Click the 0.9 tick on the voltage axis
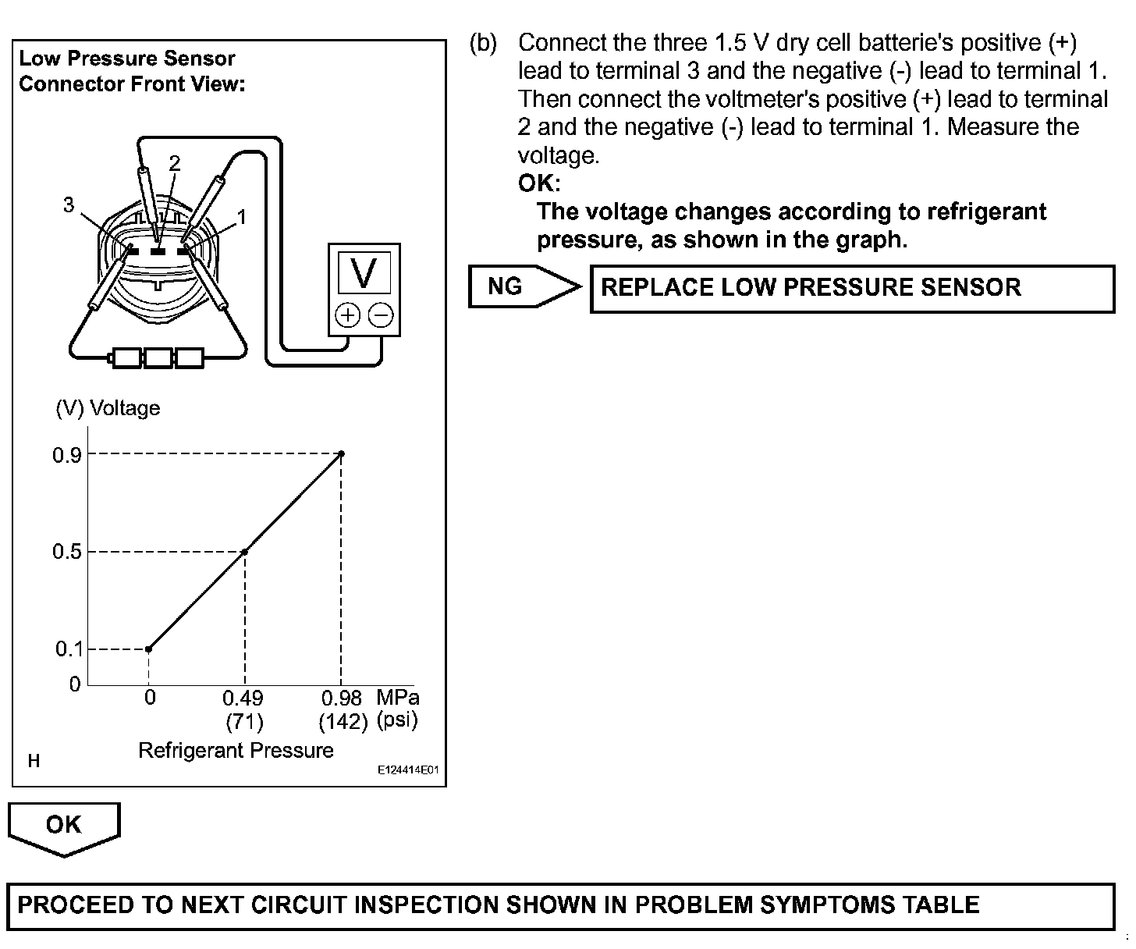pyautogui.click(x=67, y=455)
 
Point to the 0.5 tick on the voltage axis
pyautogui.click(x=67, y=553)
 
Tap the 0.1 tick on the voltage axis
pyautogui.click(x=69, y=649)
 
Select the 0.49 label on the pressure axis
pyautogui.click(x=243, y=698)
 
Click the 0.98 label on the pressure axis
pyautogui.click(x=342, y=698)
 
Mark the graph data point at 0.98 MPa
pyautogui.click(x=341, y=453)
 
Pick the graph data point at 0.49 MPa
pyautogui.click(x=244, y=552)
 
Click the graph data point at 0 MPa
pyautogui.click(x=148, y=649)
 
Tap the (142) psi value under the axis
pyautogui.click(x=343, y=722)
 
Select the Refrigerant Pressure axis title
pyautogui.click(x=236, y=750)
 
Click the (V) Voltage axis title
pyautogui.click(x=108, y=408)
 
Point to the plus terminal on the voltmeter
pyautogui.click(x=347, y=315)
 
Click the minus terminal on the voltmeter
pyautogui.click(x=381, y=315)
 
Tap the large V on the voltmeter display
pyautogui.click(x=364, y=273)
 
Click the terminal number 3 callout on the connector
pyautogui.click(x=69, y=204)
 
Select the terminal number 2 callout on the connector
pyautogui.click(x=175, y=163)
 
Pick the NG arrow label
pyautogui.click(x=506, y=286)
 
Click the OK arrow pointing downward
pyautogui.click(x=64, y=826)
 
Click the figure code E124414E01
pyautogui.click(x=408, y=770)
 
